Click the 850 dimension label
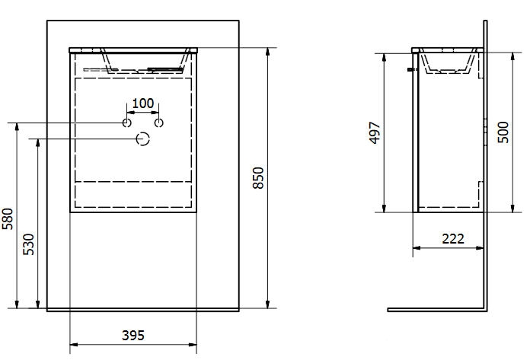pyautogui.click(x=259, y=178)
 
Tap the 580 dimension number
pyautogui.click(x=8, y=219)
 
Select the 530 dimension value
pyautogui.click(x=28, y=244)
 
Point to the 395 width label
pyautogui.click(x=133, y=336)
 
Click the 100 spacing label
pyautogui.click(x=143, y=104)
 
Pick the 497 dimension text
pyautogui.click(x=375, y=132)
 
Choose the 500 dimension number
pyautogui.click(x=503, y=132)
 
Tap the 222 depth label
pyautogui.click(x=453, y=239)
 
